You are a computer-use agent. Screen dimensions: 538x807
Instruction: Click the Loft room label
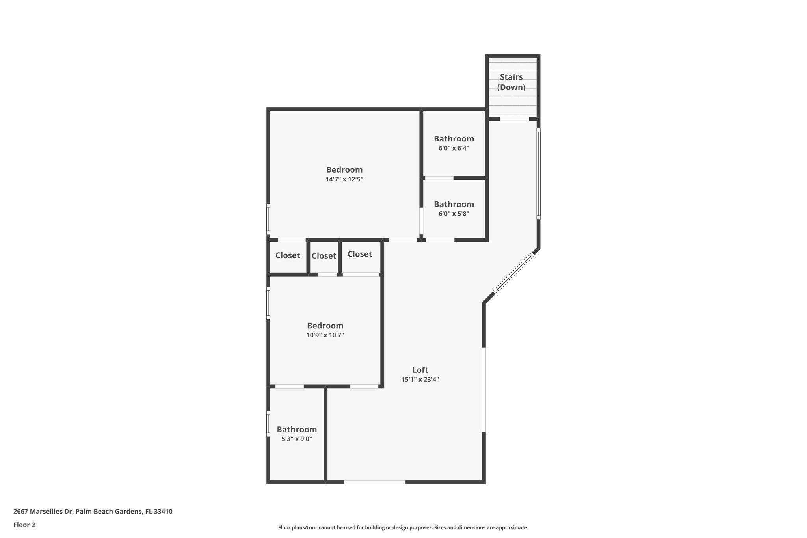point(420,370)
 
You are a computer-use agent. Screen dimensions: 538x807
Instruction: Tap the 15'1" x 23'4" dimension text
point(420,380)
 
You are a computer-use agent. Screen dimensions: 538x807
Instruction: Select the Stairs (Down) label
point(511,82)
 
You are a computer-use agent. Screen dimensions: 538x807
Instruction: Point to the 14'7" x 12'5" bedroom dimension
point(344,179)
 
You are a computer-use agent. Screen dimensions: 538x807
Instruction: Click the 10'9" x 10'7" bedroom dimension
point(325,335)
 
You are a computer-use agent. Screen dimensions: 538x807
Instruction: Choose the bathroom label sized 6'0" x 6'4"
point(454,139)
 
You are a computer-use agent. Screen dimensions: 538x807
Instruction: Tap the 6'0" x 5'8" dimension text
point(454,214)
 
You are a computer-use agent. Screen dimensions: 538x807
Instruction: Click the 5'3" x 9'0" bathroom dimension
point(297,439)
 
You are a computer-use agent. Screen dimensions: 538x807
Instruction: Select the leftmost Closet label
point(288,255)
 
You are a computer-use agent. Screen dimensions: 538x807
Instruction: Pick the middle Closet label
point(324,256)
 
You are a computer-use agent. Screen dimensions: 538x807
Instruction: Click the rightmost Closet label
point(359,254)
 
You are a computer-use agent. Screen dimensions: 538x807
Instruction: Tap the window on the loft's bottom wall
point(374,482)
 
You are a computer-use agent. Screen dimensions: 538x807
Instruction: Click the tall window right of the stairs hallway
point(538,173)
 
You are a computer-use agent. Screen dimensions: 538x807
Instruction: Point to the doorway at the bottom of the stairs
point(514,119)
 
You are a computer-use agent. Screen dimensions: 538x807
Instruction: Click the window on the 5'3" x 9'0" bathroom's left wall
point(268,424)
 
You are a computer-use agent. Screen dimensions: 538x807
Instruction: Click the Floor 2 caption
point(24,525)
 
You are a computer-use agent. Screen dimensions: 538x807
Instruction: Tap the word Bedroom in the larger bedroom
point(344,170)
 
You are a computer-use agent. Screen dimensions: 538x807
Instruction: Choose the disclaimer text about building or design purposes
point(403,527)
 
